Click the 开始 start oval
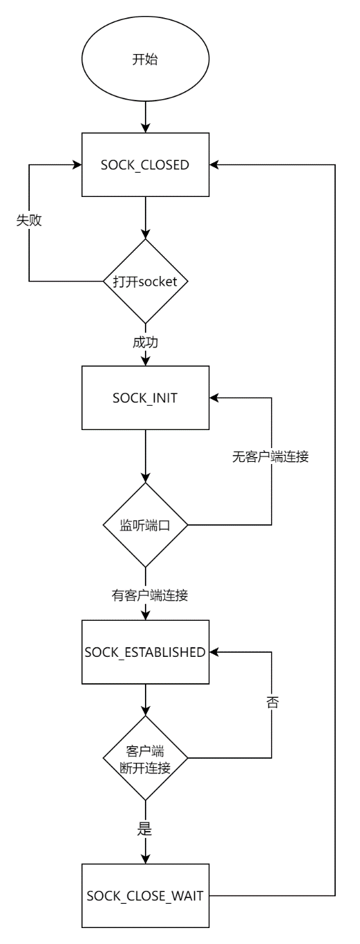pos(145,60)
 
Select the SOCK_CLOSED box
pos(145,165)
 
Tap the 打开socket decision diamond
pos(145,282)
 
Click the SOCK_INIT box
pos(145,399)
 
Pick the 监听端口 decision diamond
pos(145,525)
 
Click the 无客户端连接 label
pos(271,458)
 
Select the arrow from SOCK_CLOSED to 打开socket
pos(145,217)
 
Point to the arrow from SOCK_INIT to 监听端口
pos(145,455)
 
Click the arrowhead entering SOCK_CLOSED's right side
pos(214,165)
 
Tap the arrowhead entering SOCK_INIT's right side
pos(214,399)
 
